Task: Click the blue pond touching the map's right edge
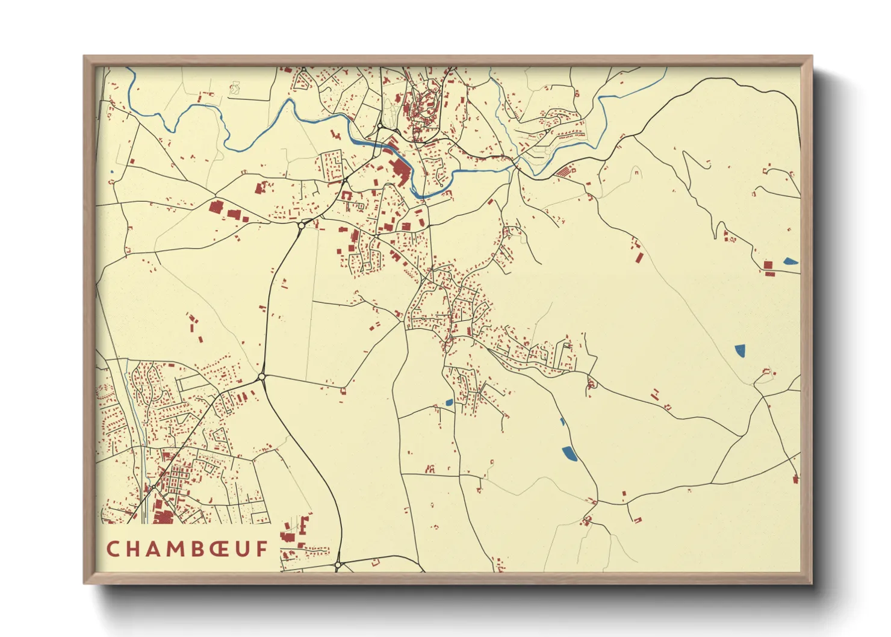790,261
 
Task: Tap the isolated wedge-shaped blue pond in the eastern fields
740,350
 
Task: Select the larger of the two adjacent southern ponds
569,453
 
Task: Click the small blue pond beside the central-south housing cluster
449,402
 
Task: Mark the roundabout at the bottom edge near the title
338,565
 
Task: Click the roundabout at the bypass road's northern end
300,226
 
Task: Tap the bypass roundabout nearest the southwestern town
261,377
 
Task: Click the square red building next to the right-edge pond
768,264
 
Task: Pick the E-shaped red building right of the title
305,525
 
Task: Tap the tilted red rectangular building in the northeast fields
639,258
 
